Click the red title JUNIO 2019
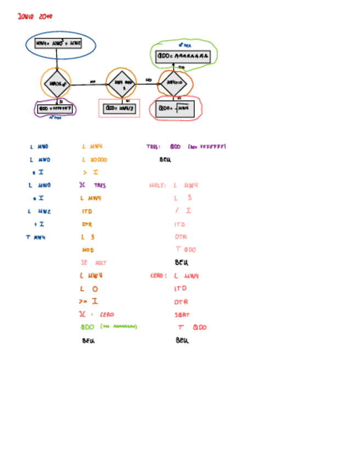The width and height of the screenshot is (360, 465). [x=35, y=16]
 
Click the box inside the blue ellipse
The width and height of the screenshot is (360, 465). [x=58, y=43]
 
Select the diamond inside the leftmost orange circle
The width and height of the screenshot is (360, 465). [x=56, y=84]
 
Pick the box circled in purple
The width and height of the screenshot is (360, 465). [x=55, y=109]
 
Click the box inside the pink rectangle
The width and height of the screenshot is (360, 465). [x=119, y=109]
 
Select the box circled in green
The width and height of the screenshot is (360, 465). [x=183, y=55]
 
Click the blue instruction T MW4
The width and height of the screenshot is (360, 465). [x=36, y=237]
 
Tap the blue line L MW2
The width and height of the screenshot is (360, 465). [x=39, y=211]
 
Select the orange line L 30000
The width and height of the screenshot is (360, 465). [x=94, y=160]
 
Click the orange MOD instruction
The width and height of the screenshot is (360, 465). [x=88, y=250]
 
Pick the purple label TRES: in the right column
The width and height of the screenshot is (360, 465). [x=153, y=147]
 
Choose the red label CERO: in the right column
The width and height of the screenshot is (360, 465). [x=159, y=276]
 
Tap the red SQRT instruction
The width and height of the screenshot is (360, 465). [x=182, y=315]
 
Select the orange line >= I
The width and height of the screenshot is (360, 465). [x=88, y=302]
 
